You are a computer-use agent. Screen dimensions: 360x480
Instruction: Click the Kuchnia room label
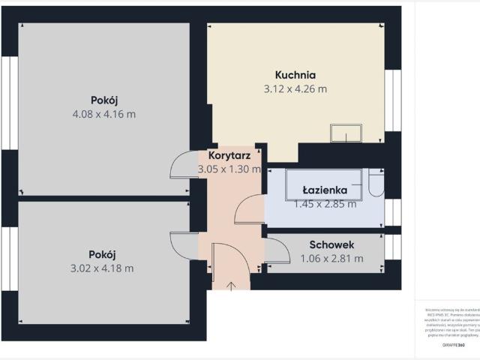coord(295,75)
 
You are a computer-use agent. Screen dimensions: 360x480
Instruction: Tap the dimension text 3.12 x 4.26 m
coord(295,89)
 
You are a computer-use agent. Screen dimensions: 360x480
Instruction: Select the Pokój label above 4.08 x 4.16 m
coord(105,100)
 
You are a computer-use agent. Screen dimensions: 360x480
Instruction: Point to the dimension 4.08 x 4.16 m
coord(105,114)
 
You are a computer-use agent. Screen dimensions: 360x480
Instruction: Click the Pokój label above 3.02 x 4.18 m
coord(103,253)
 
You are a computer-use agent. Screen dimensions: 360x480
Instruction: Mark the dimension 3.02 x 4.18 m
coord(103,268)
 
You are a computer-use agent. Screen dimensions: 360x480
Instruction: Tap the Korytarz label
coord(229,155)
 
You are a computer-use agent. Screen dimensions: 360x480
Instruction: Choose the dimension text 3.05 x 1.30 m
coord(229,169)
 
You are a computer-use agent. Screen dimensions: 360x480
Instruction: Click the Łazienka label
coord(324,189)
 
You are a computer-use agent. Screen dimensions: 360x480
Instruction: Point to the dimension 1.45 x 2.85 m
coord(324,203)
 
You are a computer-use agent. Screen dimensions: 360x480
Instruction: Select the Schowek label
coord(331,244)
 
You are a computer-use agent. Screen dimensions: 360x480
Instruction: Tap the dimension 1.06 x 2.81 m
coord(331,259)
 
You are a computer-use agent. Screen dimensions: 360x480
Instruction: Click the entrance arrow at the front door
coord(230,284)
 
